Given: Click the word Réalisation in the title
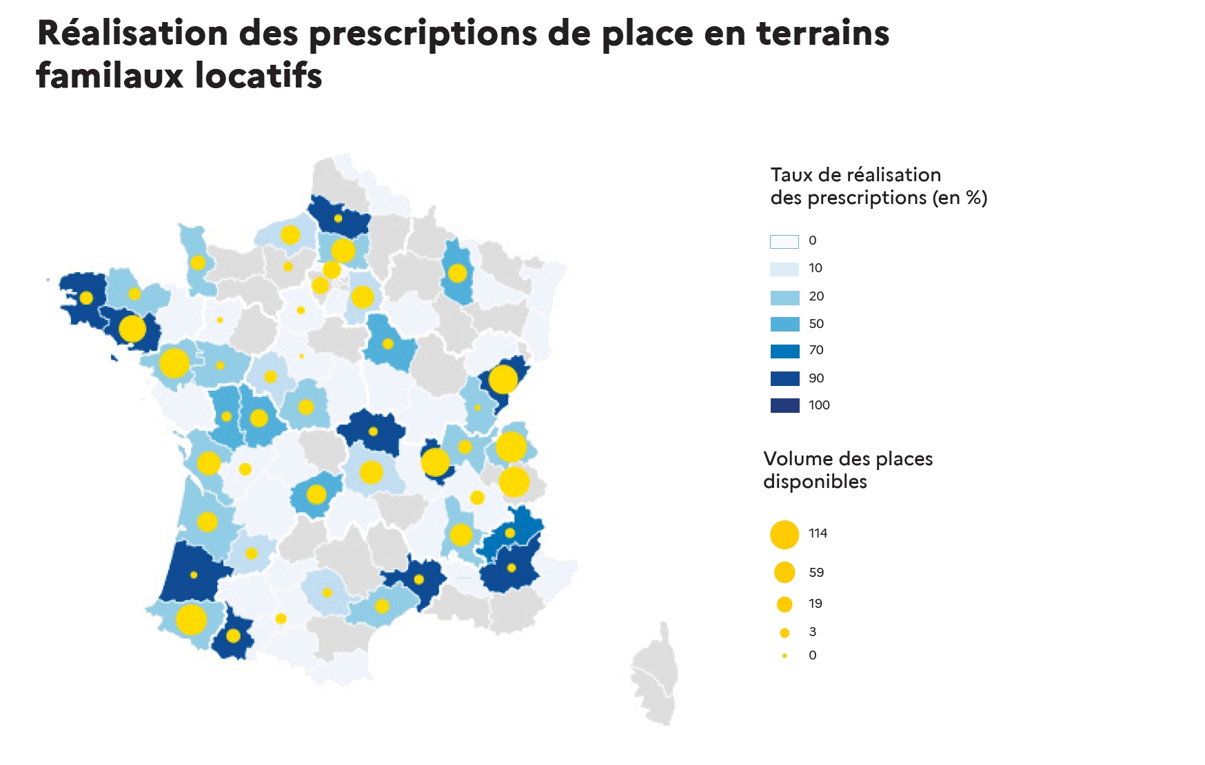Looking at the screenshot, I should pyautogui.click(x=132, y=33).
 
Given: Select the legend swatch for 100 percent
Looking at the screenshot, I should pyautogui.click(x=784, y=405).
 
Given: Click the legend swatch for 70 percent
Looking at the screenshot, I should pyautogui.click(x=784, y=351).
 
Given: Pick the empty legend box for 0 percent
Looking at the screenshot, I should pyautogui.click(x=784, y=241).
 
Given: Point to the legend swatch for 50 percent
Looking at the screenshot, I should pyautogui.click(x=784, y=324).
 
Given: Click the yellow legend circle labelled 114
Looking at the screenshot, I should pyautogui.click(x=784, y=535).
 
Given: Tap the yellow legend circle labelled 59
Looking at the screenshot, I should pyautogui.click(x=784, y=572).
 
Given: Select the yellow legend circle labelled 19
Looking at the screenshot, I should pyautogui.click(x=784, y=604).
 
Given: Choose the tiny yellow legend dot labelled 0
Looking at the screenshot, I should pyautogui.click(x=784, y=655).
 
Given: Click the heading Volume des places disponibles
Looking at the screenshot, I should pyautogui.click(x=847, y=470).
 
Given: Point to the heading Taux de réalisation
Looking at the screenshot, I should pyautogui.click(x=855, y=175).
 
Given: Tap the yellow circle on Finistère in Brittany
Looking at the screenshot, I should pyautogui.click(x=86, y=298).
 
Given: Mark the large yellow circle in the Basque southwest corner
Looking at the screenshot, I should pyautogui.click(x=191, y=620).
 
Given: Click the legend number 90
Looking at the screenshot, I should pyautogui.click(x=816, y=378).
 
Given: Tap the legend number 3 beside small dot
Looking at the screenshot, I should pyautogui.click(x=813, y=632).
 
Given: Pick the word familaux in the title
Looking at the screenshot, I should pyautogui.click(x=110, y=76).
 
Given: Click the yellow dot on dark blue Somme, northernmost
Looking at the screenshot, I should pyautogui.click(x=338, y=218).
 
